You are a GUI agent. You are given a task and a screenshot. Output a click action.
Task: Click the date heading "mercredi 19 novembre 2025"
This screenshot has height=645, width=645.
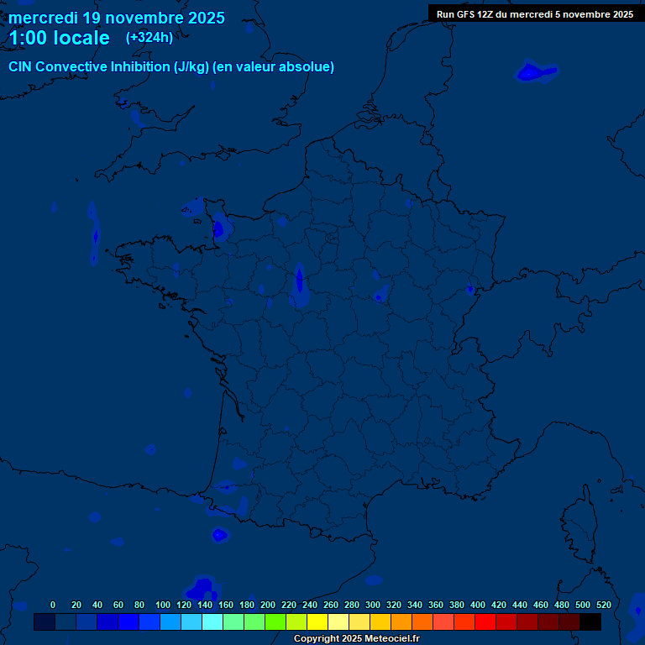[x=116, y=18]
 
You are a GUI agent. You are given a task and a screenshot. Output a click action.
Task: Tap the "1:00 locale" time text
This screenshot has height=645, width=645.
[x=59, y=38]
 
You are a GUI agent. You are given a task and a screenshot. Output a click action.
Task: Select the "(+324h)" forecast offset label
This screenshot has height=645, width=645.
[x=149, y=37]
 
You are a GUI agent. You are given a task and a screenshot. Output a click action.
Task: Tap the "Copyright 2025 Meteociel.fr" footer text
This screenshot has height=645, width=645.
[x=356, y=639]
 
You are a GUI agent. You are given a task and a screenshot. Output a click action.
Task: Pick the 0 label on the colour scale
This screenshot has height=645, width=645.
[x=53, y=605]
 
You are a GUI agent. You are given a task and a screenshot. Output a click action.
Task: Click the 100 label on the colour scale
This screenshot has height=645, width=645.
[x=162, y=605]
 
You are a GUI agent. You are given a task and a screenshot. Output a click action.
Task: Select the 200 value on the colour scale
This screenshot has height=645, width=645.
[x=268, y=605]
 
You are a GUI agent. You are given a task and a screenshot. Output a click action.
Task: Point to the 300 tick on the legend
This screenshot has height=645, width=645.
[x=373, y=605]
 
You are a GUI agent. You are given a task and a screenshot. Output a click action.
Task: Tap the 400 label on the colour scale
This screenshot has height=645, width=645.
[x=478, y=605]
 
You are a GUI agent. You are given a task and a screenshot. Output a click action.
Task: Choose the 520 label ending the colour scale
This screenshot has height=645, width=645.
[x=603, y=605]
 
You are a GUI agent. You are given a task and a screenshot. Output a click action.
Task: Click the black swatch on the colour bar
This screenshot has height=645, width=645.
[x=590, y=622]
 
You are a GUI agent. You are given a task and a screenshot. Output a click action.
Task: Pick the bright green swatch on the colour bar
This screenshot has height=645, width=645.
[x=275, y=622]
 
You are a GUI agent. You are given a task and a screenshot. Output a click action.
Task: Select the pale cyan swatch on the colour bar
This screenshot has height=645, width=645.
[x=212, y=622]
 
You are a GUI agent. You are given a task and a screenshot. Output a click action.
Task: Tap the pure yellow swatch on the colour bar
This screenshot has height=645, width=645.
[x=317, y=622]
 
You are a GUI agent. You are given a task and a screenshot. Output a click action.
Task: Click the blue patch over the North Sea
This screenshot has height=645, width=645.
[x=534, y=73]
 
